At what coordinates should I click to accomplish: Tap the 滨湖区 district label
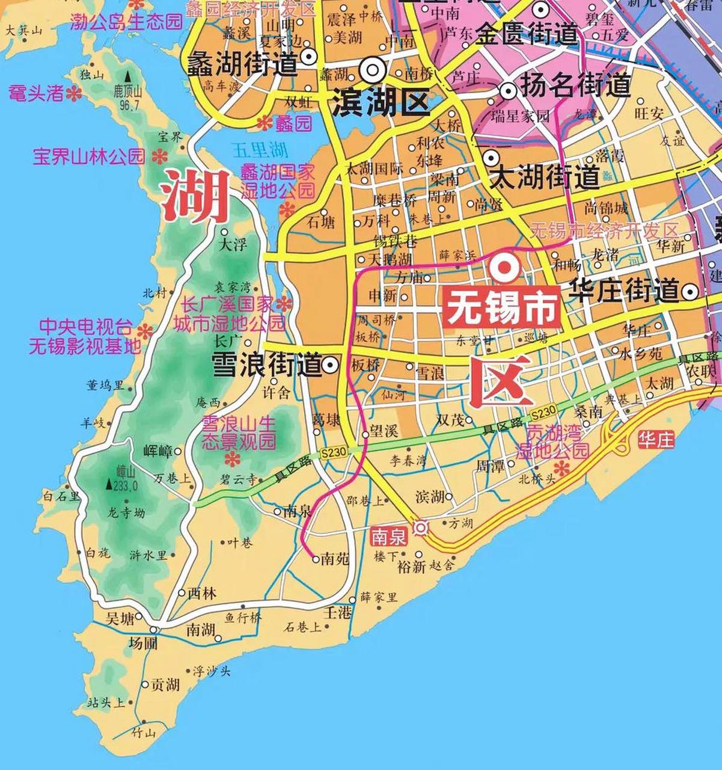(x=380, y=102)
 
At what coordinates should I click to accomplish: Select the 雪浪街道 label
(x=266, y=365)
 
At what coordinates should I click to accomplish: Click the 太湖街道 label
(x=545, y=177)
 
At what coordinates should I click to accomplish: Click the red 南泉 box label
(x=390, y=534)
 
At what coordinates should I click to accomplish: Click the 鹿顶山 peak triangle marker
(x=127, y=77)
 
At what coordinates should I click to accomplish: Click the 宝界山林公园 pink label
(x=89, y=157)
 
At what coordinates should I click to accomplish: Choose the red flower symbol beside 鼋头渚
(x=74, y=93)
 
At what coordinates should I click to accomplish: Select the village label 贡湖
(x=164, y=685)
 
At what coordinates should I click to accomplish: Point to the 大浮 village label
(x=234, y=244)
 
